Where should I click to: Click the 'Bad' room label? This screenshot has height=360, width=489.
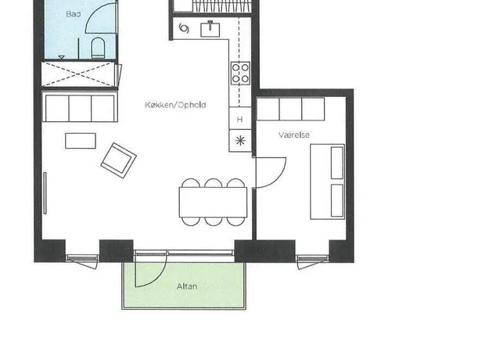[x=74, y=14]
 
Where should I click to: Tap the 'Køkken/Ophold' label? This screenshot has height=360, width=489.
[x=175, y=105]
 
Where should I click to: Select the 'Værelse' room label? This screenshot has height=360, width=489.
[x=294, y=135]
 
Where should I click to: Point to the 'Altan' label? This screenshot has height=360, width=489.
[x=187, y=286]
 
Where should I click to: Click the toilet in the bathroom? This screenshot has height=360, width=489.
[x=98, y=48]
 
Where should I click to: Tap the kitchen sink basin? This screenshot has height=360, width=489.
[x=210, y=30]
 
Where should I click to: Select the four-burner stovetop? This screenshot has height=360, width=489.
[x=240, y=73]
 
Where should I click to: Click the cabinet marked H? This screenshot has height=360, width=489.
[x=240, y=118]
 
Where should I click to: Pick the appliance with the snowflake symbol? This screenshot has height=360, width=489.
[x=240, y=141]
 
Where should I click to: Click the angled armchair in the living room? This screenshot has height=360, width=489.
[x=118, y=160]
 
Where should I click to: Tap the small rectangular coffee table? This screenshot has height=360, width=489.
[x=81, y=141]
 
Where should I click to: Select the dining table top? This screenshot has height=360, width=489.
[x=213, y=202]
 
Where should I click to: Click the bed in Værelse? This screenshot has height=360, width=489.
[x=328, y=182]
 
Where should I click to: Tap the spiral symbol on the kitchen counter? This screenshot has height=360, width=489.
[x=184, y=28]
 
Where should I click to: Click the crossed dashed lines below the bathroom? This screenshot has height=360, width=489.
[x=78, y=74]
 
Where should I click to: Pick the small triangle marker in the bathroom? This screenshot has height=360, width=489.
[x=62, y=57]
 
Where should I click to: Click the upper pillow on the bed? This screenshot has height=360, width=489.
[x=336, y=163]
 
